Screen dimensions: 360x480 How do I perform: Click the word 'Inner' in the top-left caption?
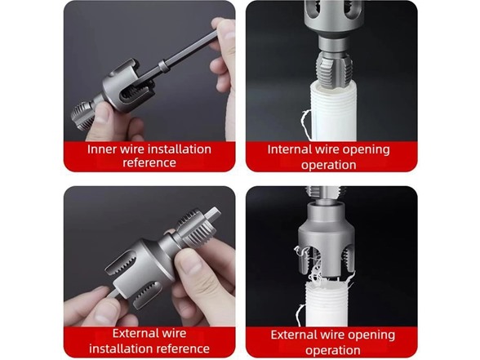[x=103, y=149]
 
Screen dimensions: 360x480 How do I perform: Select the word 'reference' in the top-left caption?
[x=149, y=162]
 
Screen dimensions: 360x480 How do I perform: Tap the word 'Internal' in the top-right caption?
[x=291, y=149]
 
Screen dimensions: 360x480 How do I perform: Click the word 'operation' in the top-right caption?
[x=329, y=164]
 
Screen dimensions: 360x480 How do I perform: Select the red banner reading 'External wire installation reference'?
[x=149, y=340]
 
